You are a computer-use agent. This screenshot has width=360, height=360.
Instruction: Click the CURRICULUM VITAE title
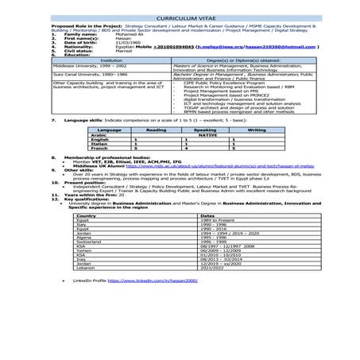pyautogui.click(x=180, y=16)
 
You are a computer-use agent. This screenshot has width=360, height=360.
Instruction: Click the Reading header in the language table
pyautogui.click(x=156, y=129)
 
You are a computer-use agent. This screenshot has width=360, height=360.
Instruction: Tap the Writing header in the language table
pyautogui.click(x=256, y=129)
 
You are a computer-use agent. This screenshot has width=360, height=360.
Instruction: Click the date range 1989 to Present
pyautogui.click(x=215, y=219)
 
